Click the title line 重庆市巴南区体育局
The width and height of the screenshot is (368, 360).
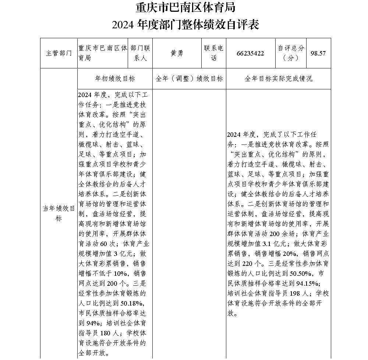[x=185, y=7]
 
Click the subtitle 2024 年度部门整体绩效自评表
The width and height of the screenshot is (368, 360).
[x=185, y=24]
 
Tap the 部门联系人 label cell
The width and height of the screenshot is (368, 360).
[x=141, y=53]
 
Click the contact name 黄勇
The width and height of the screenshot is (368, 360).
[x=177, y=53]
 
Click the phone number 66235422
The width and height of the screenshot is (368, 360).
[x=250, y=53]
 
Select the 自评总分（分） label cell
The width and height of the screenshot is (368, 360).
[x=291, y=53]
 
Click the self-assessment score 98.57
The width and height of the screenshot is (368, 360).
[x=318, y=53]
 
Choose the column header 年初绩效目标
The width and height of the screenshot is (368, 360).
[x=115, y=79]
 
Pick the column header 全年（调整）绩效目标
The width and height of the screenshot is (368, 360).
[x=189, y=79]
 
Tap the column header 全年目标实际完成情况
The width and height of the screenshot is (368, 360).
[x=278, y=79]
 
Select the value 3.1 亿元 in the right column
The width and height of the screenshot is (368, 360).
[x=274, y=243]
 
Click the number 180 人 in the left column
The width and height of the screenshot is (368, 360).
[x=109, y=334]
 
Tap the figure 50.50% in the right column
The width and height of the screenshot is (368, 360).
[x=301, y=273]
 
